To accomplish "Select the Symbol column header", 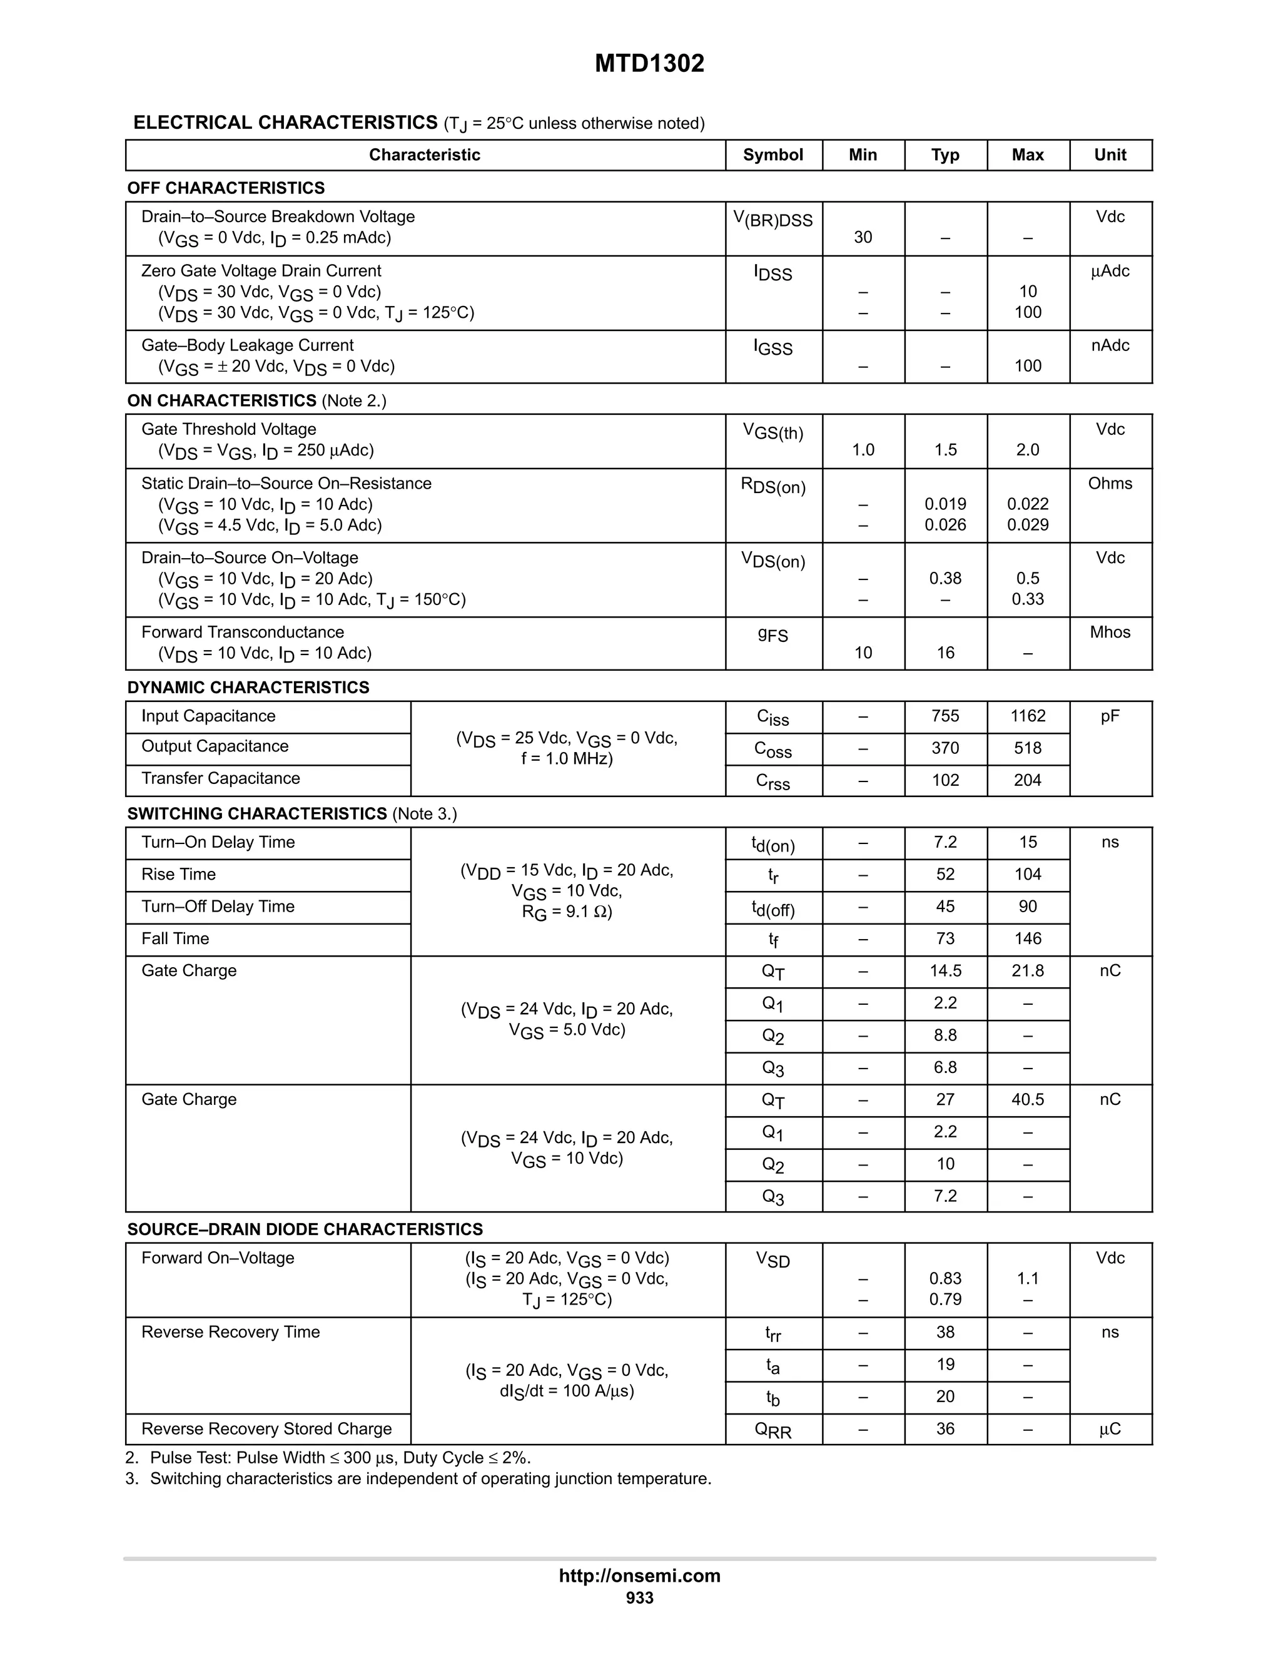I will (x=772, y=155).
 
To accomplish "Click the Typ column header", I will (x=945, y=155).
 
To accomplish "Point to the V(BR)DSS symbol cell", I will (x=772, y=220).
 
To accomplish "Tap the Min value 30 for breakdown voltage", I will (x=863, y=238).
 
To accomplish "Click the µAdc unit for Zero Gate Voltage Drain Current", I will (x=1110, y=271).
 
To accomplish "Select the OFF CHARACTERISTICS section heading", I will (x=226, y=188).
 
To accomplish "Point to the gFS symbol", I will (x=772, y=634).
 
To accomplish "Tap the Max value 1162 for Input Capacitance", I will (x=1028, y=716).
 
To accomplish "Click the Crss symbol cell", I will (x=772, y=781).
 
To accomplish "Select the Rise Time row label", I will (x=178, y=875).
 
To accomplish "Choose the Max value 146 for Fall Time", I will (x=1028, y=938).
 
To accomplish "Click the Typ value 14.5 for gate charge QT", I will (x=945, y=971).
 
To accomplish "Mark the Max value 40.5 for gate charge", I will (x=1028, y=1099).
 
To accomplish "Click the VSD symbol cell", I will (x=772, y=1260).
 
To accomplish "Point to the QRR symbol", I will (x=772, y=1430).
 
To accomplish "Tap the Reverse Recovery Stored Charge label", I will (x=266, y=1429).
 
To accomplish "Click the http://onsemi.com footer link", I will (x=640, y=1575).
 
